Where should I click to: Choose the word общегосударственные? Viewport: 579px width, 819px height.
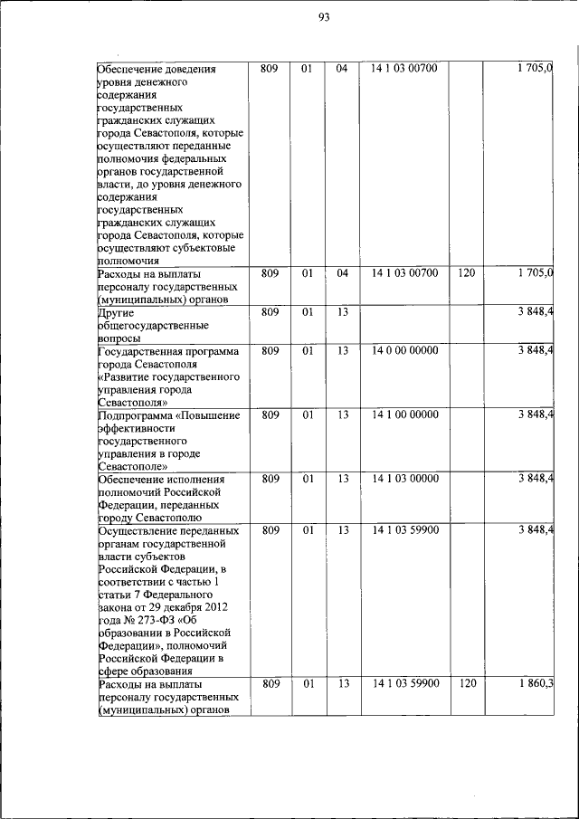[x=153, y=326]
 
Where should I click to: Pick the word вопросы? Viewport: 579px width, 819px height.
[x=119, y=338]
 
